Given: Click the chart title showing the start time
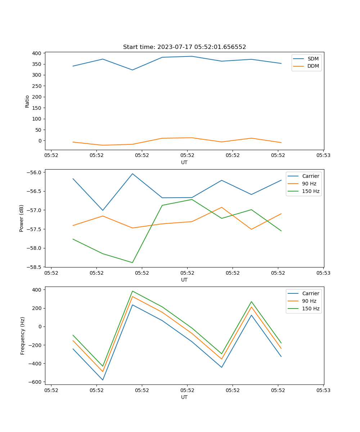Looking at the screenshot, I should pyautogui.click(x=184, y=47).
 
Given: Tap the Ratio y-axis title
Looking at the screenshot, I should pyautogui.click(x=27, y=101).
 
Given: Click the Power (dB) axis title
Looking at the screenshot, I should pyautogui.click(x=22, y=218).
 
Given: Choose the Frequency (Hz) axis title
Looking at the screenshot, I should pyautogui.click(x=22, y=336).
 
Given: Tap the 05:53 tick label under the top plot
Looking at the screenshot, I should pyautogui.click(x=323, y=156).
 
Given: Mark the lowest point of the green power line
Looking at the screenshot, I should pyautogui.click(x=132, y=262).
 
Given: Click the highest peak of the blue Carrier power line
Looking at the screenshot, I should pyautogui.click(x=132, y=174).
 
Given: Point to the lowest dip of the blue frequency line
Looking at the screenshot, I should pyautogui.click(x=103, y=380).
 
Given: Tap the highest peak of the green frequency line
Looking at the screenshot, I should pyautogui.click(x=132, y=291).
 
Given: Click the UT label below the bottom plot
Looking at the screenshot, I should pyautogui.click(x=184, y=397).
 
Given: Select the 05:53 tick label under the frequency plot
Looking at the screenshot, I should pyautogui.click(x=323, y=390).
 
